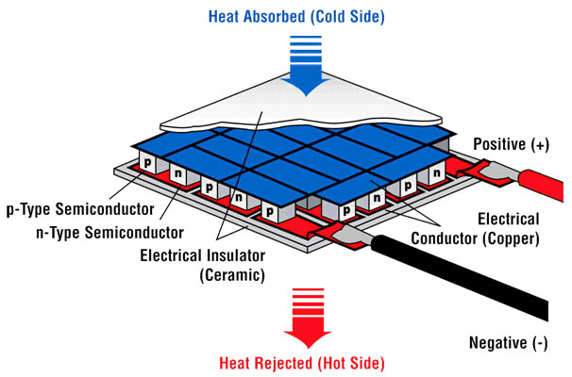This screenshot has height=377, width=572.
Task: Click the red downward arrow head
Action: tap(308, 336)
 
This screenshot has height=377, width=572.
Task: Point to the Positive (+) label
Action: tap(512, 144)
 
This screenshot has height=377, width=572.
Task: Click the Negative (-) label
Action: tap(508, 343)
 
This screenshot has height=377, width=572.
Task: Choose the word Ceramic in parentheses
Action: tap(232, 274)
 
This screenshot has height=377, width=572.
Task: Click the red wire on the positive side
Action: tap(540, 184)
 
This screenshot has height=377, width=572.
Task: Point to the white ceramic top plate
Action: tap(302, 106)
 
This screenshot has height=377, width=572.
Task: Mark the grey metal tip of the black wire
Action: tap(356, 235)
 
